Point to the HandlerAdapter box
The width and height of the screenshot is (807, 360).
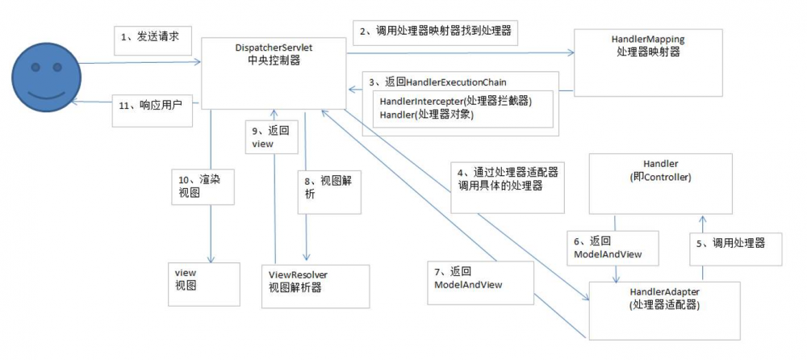663,308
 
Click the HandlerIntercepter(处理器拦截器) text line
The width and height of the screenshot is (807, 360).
456,102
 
